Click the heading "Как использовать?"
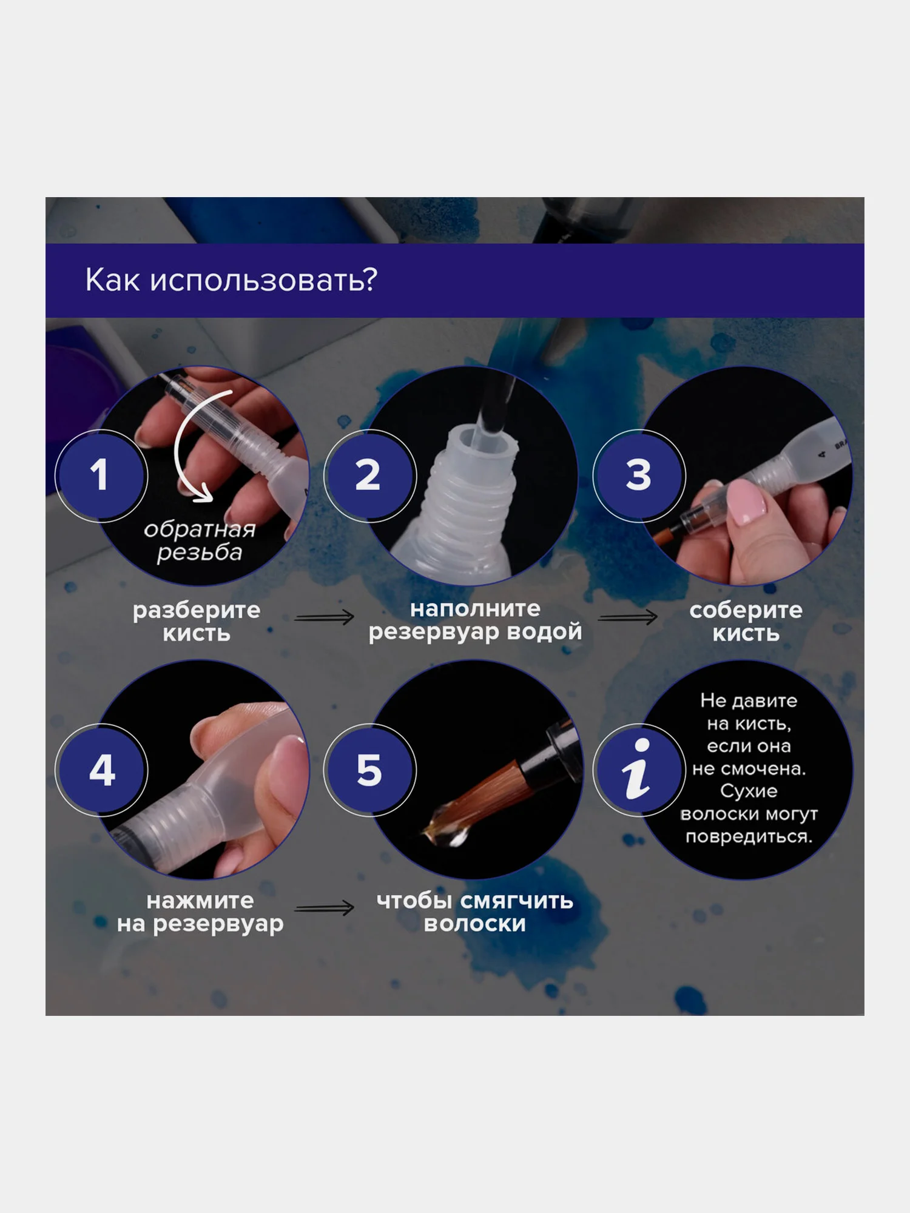click(231, 280)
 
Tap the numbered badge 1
click(101, 475)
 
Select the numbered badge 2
click(369, 475)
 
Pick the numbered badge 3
click(639, 475)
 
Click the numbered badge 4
click(101, 770)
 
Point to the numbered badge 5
click(369, 770)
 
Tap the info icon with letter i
click(639, 770)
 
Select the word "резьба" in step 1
click(200, 553)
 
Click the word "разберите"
click(197, 611)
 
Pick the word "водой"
click(544, 632)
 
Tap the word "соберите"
click(746, 610)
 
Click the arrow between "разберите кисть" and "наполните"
click(325, 617)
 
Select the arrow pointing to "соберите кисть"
click(628, 617)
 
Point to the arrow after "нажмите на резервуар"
click(325, 908)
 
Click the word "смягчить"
click(517, 901)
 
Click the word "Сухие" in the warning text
click(749, 791)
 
